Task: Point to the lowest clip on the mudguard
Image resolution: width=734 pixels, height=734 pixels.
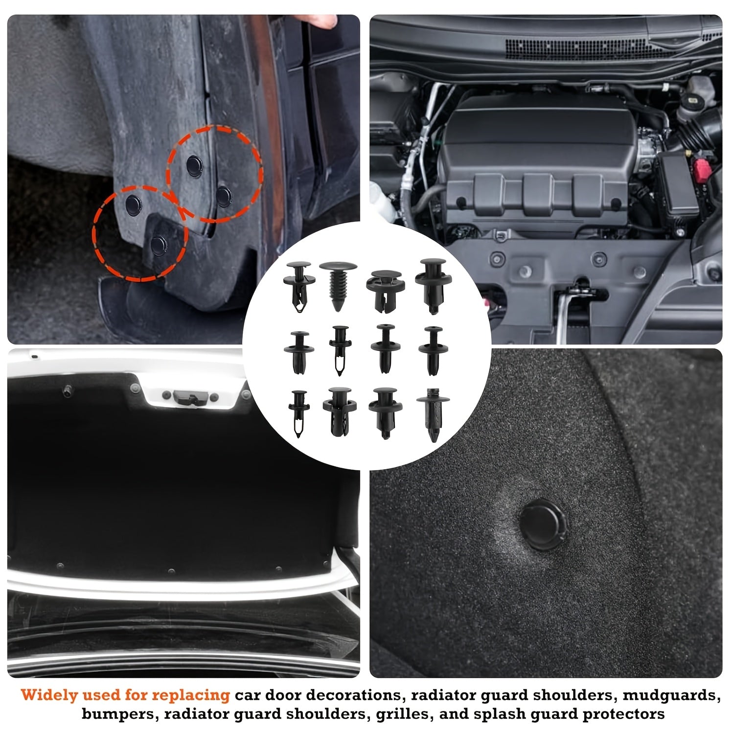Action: click(157, 244)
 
